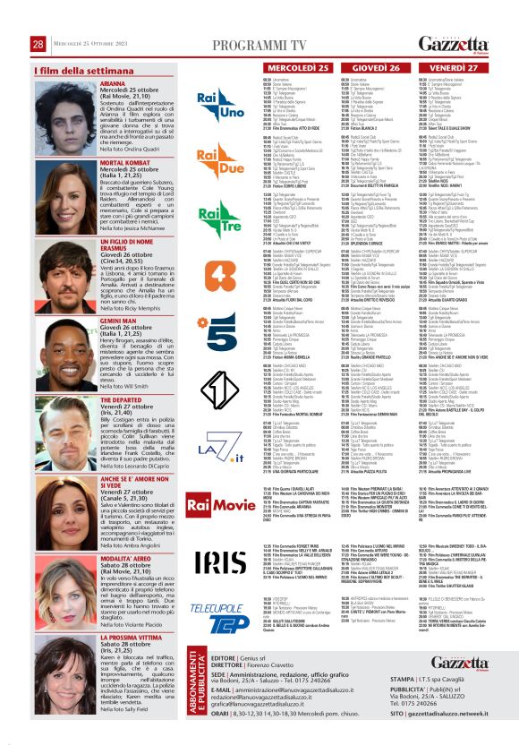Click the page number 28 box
tap(38, 19)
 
